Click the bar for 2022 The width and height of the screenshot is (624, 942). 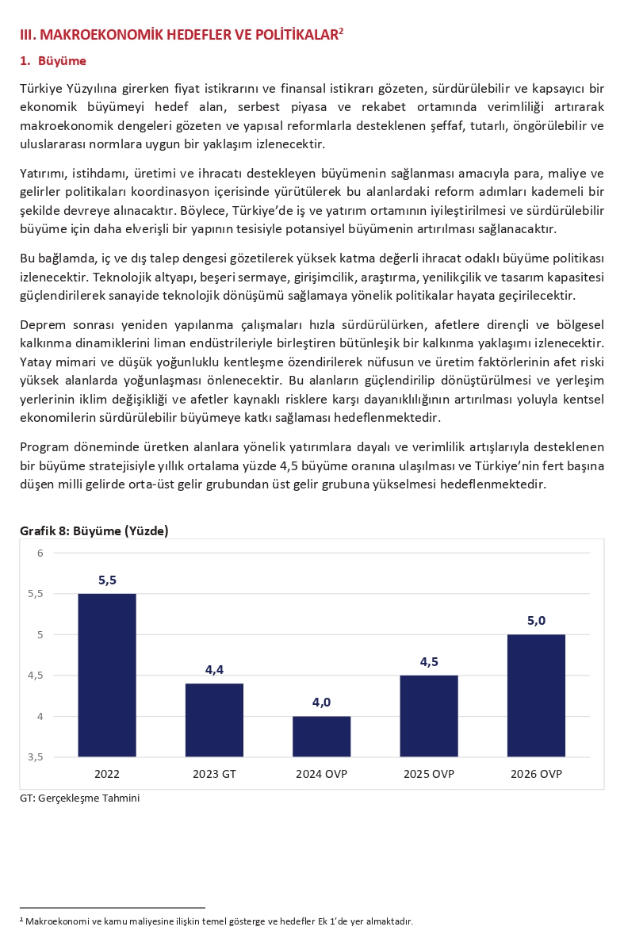tap(107, 675)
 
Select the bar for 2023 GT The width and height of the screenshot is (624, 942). tap(214, 720)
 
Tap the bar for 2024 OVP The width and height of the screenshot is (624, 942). tap(321, 736)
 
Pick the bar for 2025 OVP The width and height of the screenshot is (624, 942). tap(429, 716)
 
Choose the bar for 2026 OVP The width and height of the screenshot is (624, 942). tap(536, 695)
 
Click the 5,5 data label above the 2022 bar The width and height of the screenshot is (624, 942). tap(107, 580)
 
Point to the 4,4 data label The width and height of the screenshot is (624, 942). tap(214, 670)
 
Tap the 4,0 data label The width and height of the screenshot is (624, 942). tap(321, 703)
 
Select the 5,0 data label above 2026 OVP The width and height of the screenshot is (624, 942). tap(536, 621)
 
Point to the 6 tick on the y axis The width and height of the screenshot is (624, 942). tap(40, 553)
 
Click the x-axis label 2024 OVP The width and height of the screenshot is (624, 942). tap(321, 774)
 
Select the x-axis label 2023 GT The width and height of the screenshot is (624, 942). tap(214, 774)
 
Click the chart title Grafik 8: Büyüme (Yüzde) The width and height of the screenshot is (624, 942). tap(94, 531)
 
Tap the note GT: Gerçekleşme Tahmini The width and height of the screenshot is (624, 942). tap(79, 798)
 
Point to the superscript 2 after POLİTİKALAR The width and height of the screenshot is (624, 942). tap(341, 31)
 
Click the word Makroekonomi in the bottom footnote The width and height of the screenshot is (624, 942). tap(53, 921)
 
